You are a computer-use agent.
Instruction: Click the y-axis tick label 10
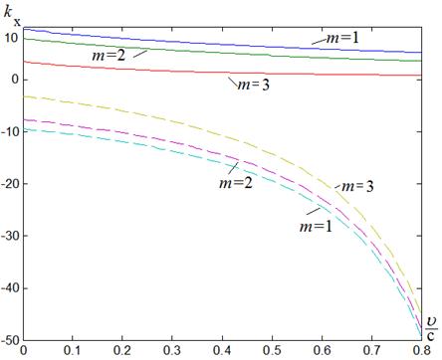[x=10, y=38]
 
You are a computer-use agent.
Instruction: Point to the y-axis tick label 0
[x=14, y=80]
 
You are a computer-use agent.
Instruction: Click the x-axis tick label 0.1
[x=73, y=351]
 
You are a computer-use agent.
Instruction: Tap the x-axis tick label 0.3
[x=172, y=351]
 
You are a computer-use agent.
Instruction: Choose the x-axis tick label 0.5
[x=272, y=351]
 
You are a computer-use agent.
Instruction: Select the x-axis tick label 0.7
[x=371, y=351]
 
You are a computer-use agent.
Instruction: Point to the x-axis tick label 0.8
[x=421, y=351]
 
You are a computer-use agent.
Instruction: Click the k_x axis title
[x=12, y=17]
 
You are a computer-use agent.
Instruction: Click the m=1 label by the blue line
[x=342, y=38]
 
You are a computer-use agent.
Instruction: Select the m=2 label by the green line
[x=109, y=55]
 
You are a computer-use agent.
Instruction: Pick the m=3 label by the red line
[x=254, y=86]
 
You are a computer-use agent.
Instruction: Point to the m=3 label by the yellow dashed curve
[x=357, y=186]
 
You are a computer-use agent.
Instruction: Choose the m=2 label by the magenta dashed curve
[x=236, y=183]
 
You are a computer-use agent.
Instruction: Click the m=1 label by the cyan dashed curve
[x=316, y=227]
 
